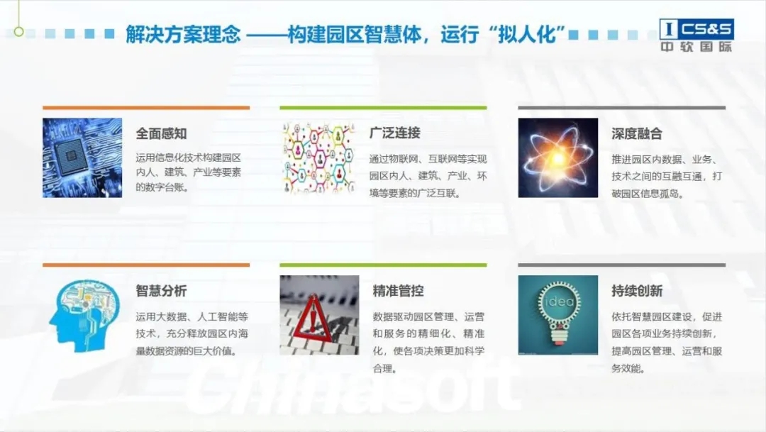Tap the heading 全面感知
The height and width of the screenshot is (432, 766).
161,133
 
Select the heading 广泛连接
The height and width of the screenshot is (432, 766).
395,133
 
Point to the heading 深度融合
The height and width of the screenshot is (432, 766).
636,134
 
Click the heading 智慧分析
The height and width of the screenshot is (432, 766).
161,292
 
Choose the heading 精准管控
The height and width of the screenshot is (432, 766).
398,292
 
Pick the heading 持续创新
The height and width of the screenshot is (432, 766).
637,292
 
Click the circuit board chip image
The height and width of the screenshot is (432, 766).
82,158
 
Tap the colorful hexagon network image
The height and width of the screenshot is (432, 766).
319,158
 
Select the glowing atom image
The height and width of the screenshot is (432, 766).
558,158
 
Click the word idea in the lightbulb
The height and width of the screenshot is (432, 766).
559,301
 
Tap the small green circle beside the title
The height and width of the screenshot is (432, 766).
18,32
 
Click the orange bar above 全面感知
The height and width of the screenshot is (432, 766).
146,108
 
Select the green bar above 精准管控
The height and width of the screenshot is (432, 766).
383,265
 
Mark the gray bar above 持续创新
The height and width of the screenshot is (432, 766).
622,265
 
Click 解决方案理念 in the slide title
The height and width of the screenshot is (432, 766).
183,34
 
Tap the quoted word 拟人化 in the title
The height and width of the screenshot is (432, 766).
526,34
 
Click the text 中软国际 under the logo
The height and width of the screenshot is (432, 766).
696,47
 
